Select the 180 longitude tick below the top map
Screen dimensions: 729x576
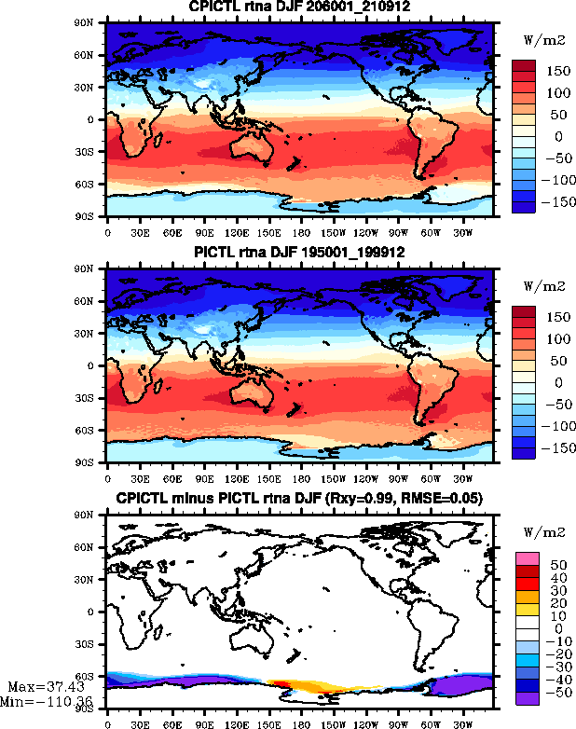[296, 233]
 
